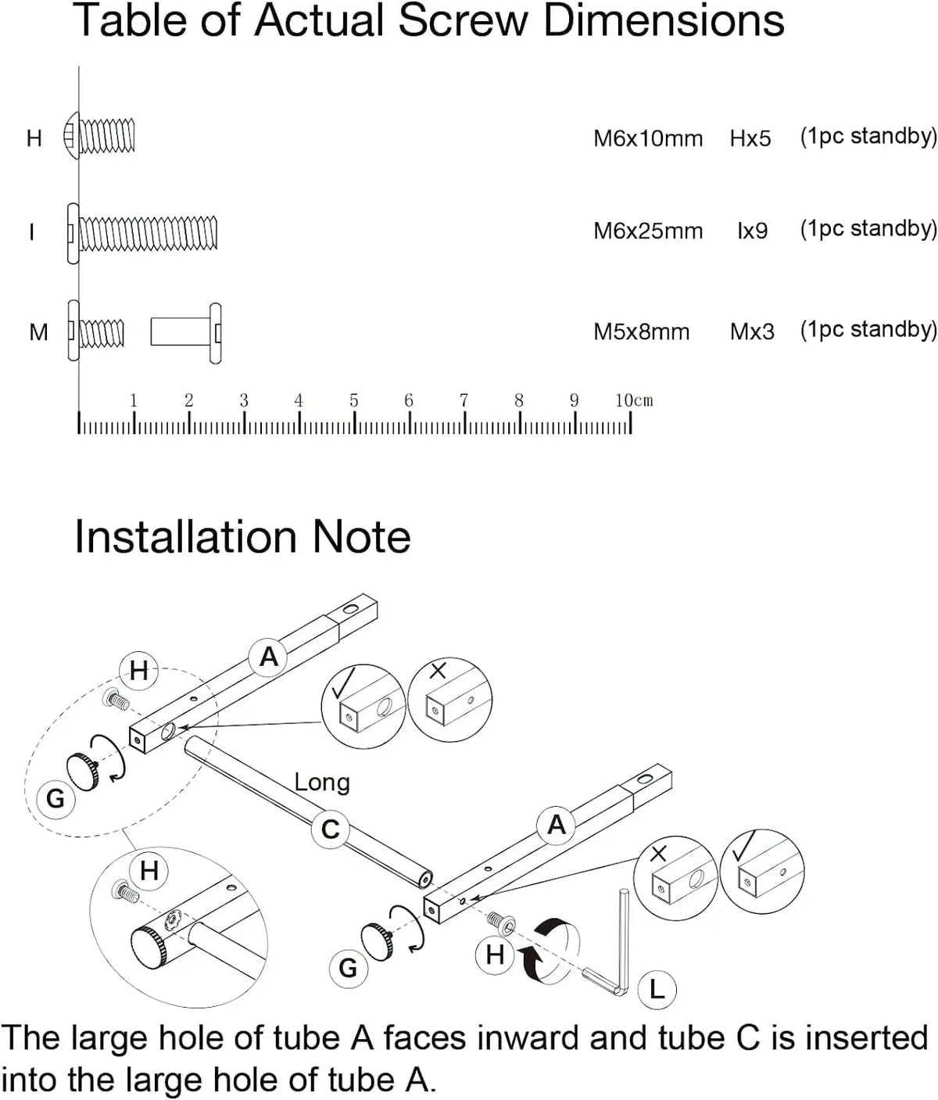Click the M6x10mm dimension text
coord(648,138)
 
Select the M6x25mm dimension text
coord(648,231)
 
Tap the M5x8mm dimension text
coord(641,331)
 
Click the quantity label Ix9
coord(752,231)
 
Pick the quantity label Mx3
coord(752,331)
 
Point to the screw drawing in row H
coord(100,137)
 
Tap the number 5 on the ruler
coord(353,400)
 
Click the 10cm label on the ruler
coord(633,400)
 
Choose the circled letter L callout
coord(657,990)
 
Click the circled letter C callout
coord(331,829)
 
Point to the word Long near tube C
coord(321,782)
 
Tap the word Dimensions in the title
coord(664,21)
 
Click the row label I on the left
coord(31,232)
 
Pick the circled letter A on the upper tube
coord(268,657)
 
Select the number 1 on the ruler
coord(134,400)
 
